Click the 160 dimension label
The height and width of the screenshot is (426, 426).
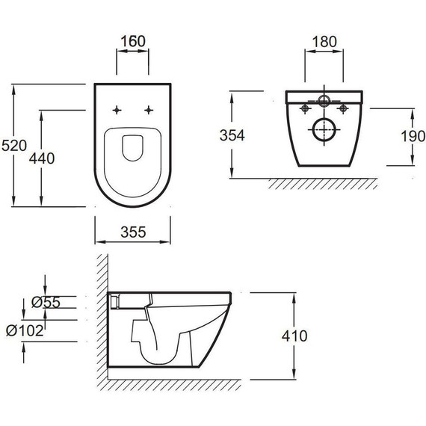point(133,41)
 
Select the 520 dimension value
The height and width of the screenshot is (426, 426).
point(14,145)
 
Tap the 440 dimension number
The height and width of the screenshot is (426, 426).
point(42,158)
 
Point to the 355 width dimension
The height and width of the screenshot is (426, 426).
point(133,232)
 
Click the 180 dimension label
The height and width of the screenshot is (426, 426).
point(324,42)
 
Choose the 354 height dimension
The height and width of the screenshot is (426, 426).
point(232,135)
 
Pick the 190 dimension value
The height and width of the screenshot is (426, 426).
point(413,136)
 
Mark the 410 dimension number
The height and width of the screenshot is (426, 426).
point(294,336)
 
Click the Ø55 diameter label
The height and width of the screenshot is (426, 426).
point(46,302)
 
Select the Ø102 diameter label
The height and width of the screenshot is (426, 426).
point(25,330)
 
